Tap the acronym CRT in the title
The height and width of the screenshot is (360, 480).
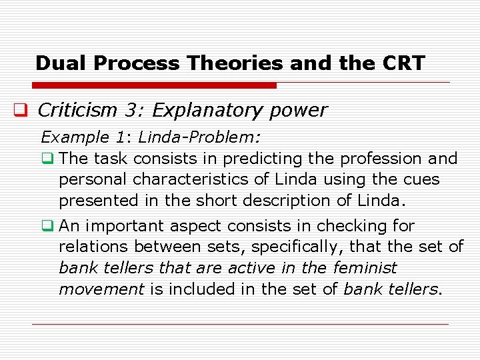coord(403,63)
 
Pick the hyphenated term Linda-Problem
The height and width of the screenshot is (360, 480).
coord(199,137)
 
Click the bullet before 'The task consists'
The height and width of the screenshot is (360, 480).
coord(47,159)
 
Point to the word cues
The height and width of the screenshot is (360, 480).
coord(421,180)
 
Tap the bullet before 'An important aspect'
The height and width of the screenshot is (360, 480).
coord(47,226)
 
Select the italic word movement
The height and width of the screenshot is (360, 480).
coord(101,289)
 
